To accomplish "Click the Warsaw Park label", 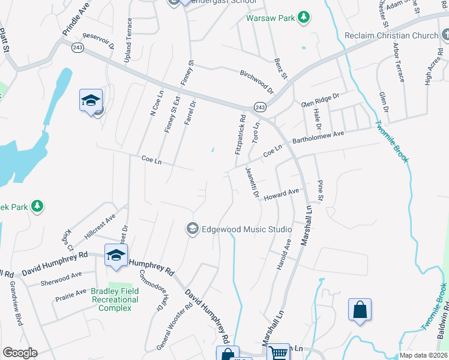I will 271,18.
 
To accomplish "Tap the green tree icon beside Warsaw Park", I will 304,16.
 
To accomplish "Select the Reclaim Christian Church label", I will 391,35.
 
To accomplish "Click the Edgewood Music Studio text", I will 247,229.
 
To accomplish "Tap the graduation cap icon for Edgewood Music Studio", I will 193,229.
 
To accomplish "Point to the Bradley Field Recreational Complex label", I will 114,299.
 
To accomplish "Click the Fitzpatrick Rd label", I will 240,136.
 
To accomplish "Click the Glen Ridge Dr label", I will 320,99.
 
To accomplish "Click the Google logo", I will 20,353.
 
